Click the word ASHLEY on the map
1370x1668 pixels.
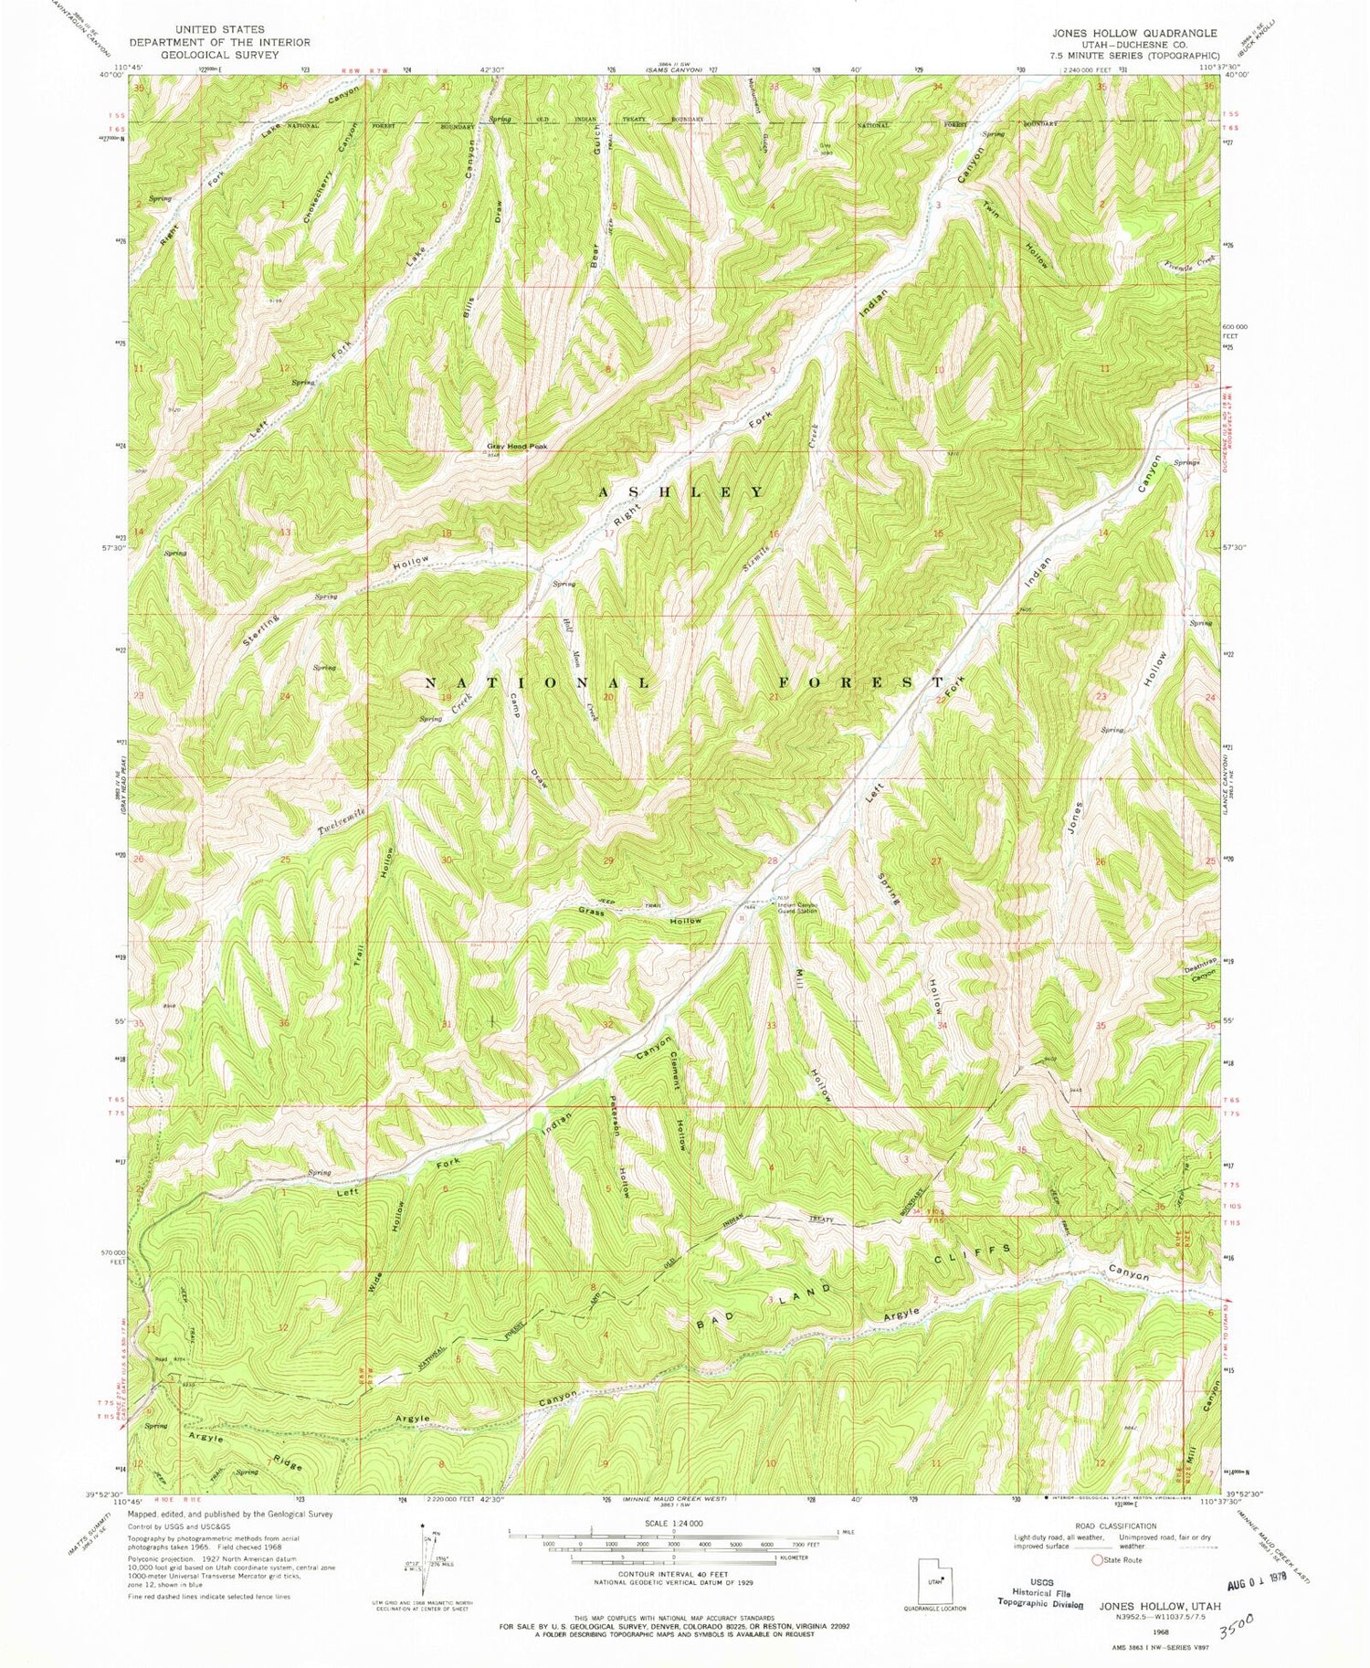pyautogui.click(x=680, y=492)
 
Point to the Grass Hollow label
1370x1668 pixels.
pyautogui.click(x=640, y=916)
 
